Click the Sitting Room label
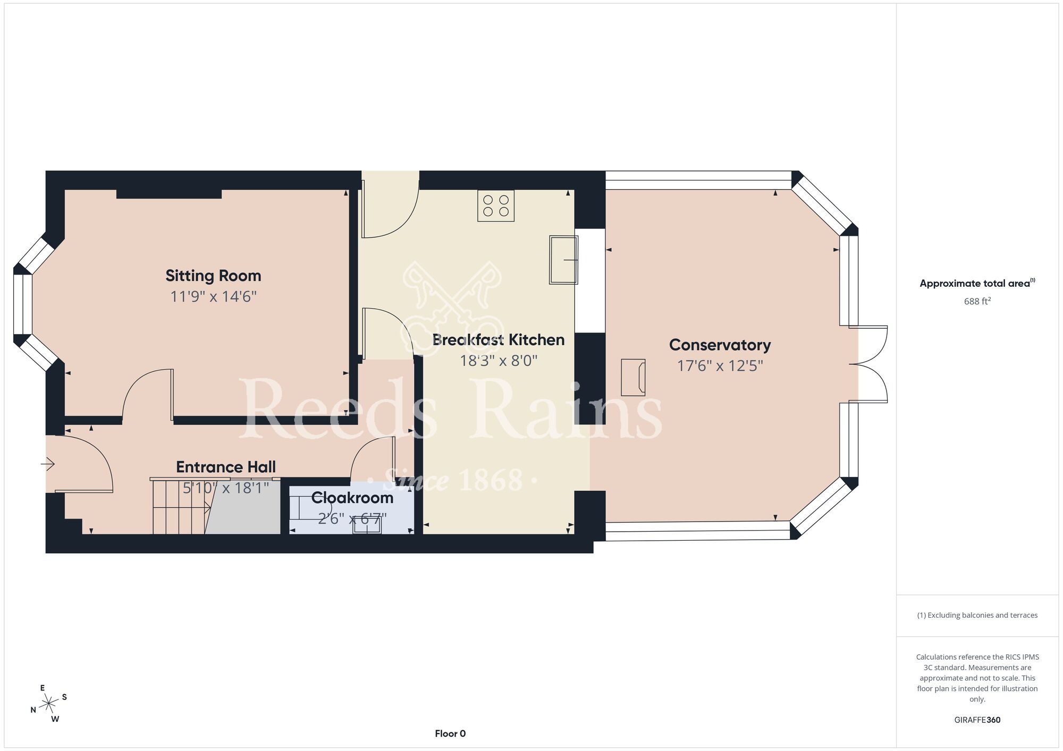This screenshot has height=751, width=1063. pos(213,276)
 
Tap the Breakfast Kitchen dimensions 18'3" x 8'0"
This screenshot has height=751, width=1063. pos(499,361)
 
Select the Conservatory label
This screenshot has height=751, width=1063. pos(720,345)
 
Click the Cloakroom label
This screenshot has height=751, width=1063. pos(352,498)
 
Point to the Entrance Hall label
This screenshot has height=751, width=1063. pos(226,467)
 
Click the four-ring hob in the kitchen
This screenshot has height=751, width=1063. pos(496,206)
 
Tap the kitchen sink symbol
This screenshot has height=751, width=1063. pos(563,260)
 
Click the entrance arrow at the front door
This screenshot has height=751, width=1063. pos(48,464)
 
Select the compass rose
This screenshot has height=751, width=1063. pos(49,704)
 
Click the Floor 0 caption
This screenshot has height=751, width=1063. pos(450,733)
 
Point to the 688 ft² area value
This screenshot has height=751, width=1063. pos(977,301)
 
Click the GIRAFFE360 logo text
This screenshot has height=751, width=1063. pos(977,720)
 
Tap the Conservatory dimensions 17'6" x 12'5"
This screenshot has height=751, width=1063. pos(720,366)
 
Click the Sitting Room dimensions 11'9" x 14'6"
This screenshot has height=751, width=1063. pos(213,296)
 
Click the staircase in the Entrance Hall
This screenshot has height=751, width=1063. pos(181,506)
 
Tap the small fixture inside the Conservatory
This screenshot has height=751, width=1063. pos(634,378)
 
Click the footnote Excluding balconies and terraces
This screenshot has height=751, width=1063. pos(977,615)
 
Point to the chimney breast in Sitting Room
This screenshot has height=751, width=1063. pos(169,194)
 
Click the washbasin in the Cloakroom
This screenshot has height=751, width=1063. pos(367,525)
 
